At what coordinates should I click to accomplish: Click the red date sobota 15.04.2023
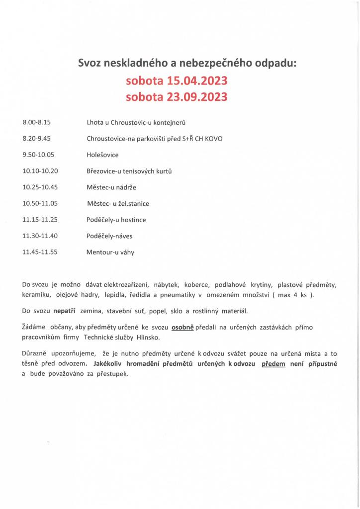(x=177, y=81)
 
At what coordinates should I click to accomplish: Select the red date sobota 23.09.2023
(x=177, y=96)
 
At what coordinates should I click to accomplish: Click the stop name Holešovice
(x=103, y=155)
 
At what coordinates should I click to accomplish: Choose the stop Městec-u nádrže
(x=111, y=187)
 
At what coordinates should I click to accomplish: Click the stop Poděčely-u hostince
(x=116, y=219)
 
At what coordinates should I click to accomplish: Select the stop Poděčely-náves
(x=109, y=236)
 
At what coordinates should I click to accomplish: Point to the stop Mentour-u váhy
(x=110, y=252)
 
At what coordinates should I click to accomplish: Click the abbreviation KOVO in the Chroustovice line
(x=213, y=138)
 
